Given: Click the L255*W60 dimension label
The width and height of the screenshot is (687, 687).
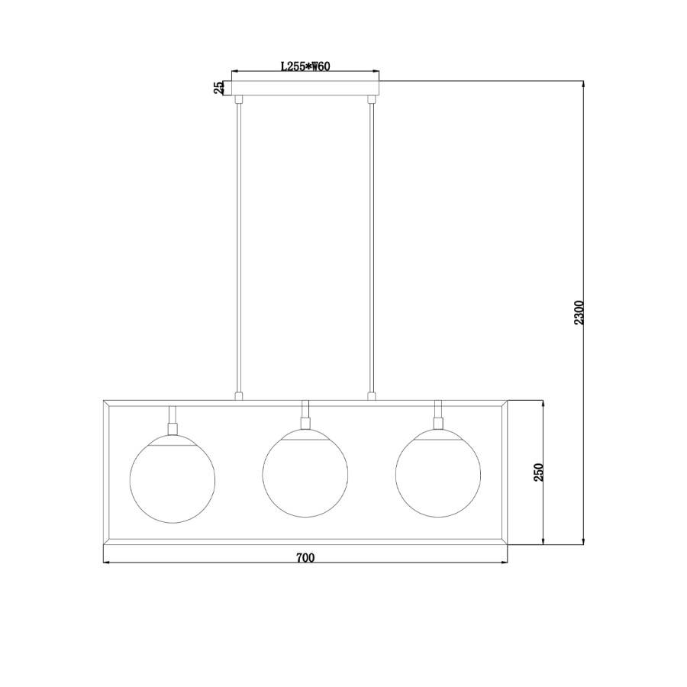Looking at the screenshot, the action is click(x=305, y=66).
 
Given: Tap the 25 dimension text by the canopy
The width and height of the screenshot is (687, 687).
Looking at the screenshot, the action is click(x=218, y=88).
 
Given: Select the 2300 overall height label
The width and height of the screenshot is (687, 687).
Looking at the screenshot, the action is click(x=579, y=312).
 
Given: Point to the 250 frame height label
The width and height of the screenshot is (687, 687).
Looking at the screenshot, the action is click(x=538, y=473).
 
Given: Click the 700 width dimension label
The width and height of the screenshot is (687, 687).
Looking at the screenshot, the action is click(x=305, y=558).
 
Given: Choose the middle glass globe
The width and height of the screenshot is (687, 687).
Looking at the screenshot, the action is click(x=305, y=473).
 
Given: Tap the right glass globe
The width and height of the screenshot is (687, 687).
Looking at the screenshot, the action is click(x=438, y=473).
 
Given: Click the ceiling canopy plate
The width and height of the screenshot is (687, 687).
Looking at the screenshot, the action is click(x=305, y=88).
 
